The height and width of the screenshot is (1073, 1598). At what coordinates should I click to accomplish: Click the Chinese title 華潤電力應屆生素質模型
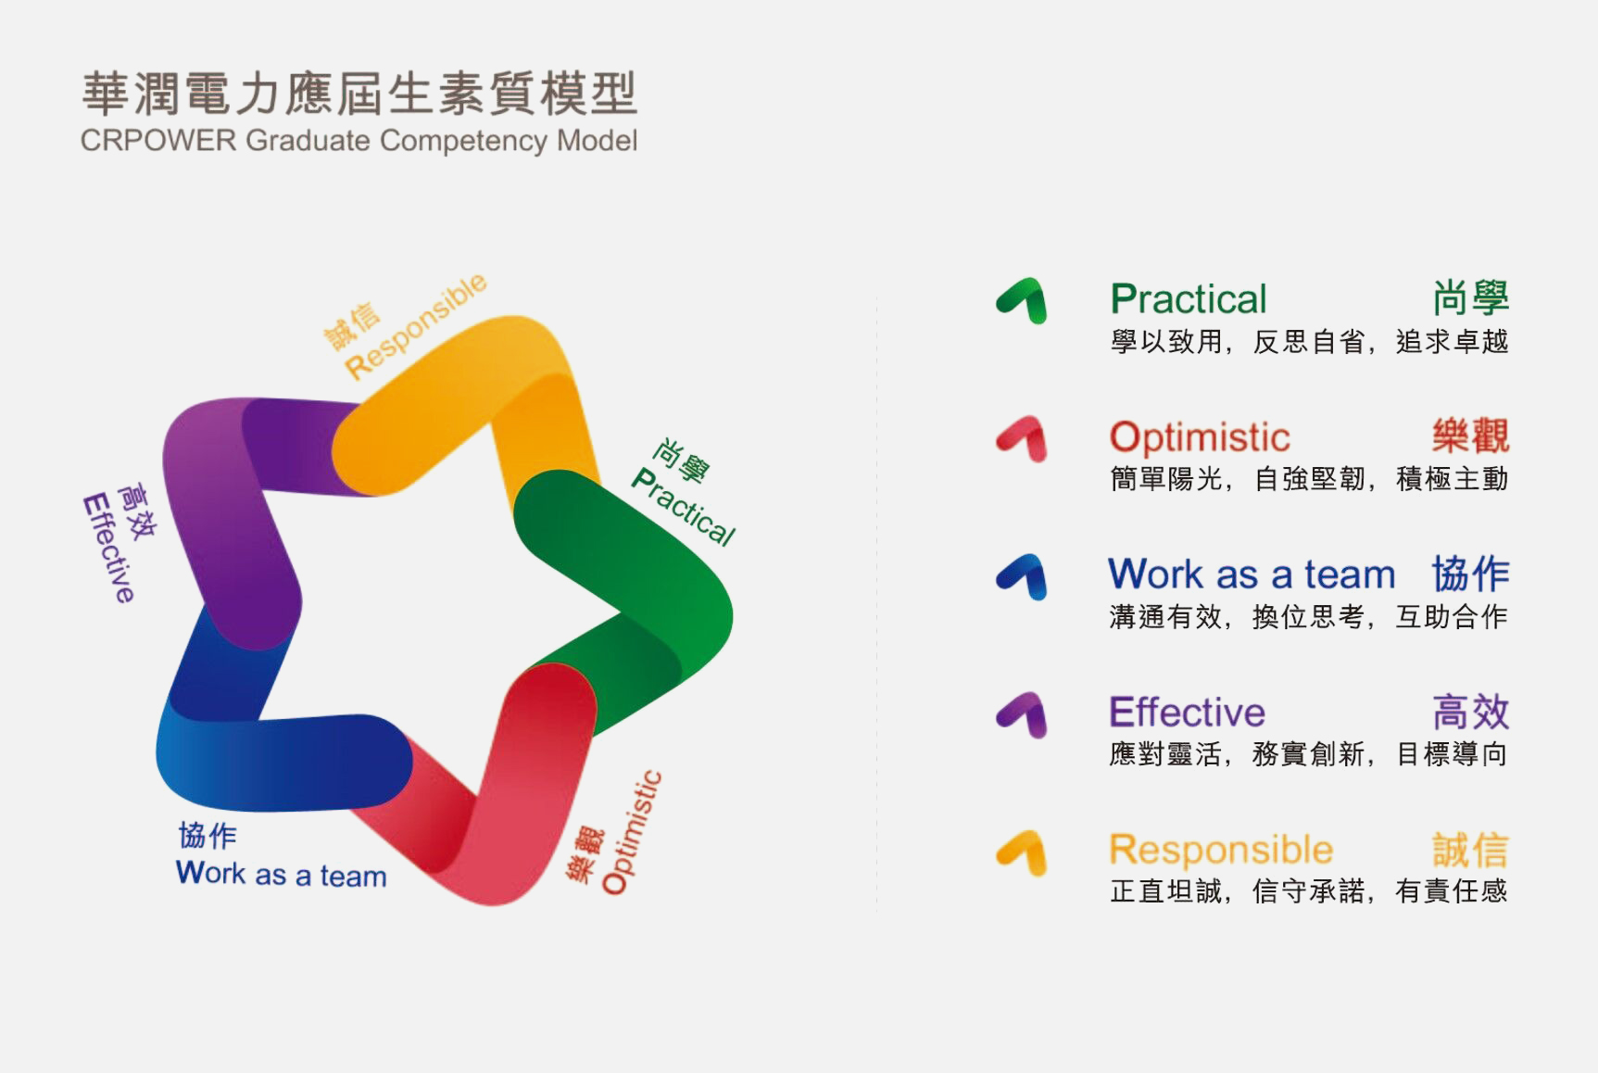pyautogui.click(x=359, y=94)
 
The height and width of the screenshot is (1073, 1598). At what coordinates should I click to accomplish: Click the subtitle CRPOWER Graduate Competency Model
pyautogui.click(x=359, y=141)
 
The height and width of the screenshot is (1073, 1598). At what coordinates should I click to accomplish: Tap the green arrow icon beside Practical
pyautogui.click(x=1024, y=298)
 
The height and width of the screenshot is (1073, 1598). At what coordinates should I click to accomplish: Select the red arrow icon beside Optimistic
pyautogui.click(x=1024, y=436)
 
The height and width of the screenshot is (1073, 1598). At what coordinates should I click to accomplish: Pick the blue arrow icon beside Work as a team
pyautogui.click(x=1024, y=574)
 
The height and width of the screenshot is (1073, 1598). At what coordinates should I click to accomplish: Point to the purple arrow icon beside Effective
pyautogui.click(x=1024, y=713)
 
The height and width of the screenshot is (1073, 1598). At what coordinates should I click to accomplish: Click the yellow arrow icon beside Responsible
pyautogui.click(x=1024, y=851)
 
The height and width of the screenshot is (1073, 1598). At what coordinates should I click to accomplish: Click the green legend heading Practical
pyautogui.click(x=1189, y=299)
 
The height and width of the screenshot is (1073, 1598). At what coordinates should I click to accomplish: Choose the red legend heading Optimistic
pyautogui.click(x=1200, y=436)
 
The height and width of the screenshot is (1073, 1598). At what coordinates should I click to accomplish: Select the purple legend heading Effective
pyautogui.click(x=1187, y=713)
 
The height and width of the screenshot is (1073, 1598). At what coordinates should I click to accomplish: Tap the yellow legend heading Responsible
pyautogui.click(x=1221, y=850)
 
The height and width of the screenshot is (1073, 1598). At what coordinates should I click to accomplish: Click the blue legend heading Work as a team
pyautogui.click(x=1252, y=574)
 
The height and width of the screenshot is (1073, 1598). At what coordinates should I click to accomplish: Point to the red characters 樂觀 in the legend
pyautogui.click(x=1470, y=436)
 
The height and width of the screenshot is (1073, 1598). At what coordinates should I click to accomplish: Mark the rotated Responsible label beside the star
pyautogui.click(x=416, y=325)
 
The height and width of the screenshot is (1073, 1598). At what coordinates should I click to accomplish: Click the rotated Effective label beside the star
pyautogui.click(x=109, y=549)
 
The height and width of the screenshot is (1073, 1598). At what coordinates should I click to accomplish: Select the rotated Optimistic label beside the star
pyautogui.click(x=632, y=833)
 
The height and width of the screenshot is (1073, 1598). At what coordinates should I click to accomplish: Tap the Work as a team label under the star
pyautogui.click(x=281, y=874)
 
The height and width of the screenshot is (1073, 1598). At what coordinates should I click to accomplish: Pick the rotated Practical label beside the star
pyautogui.click(x=683, y=507)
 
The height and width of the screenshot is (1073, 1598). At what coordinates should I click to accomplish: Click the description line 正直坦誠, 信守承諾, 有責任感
pyautogui.click(x=1308, y=891)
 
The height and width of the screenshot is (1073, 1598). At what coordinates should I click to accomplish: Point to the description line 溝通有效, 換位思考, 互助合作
pyautogui.click(x=1308, y=616)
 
